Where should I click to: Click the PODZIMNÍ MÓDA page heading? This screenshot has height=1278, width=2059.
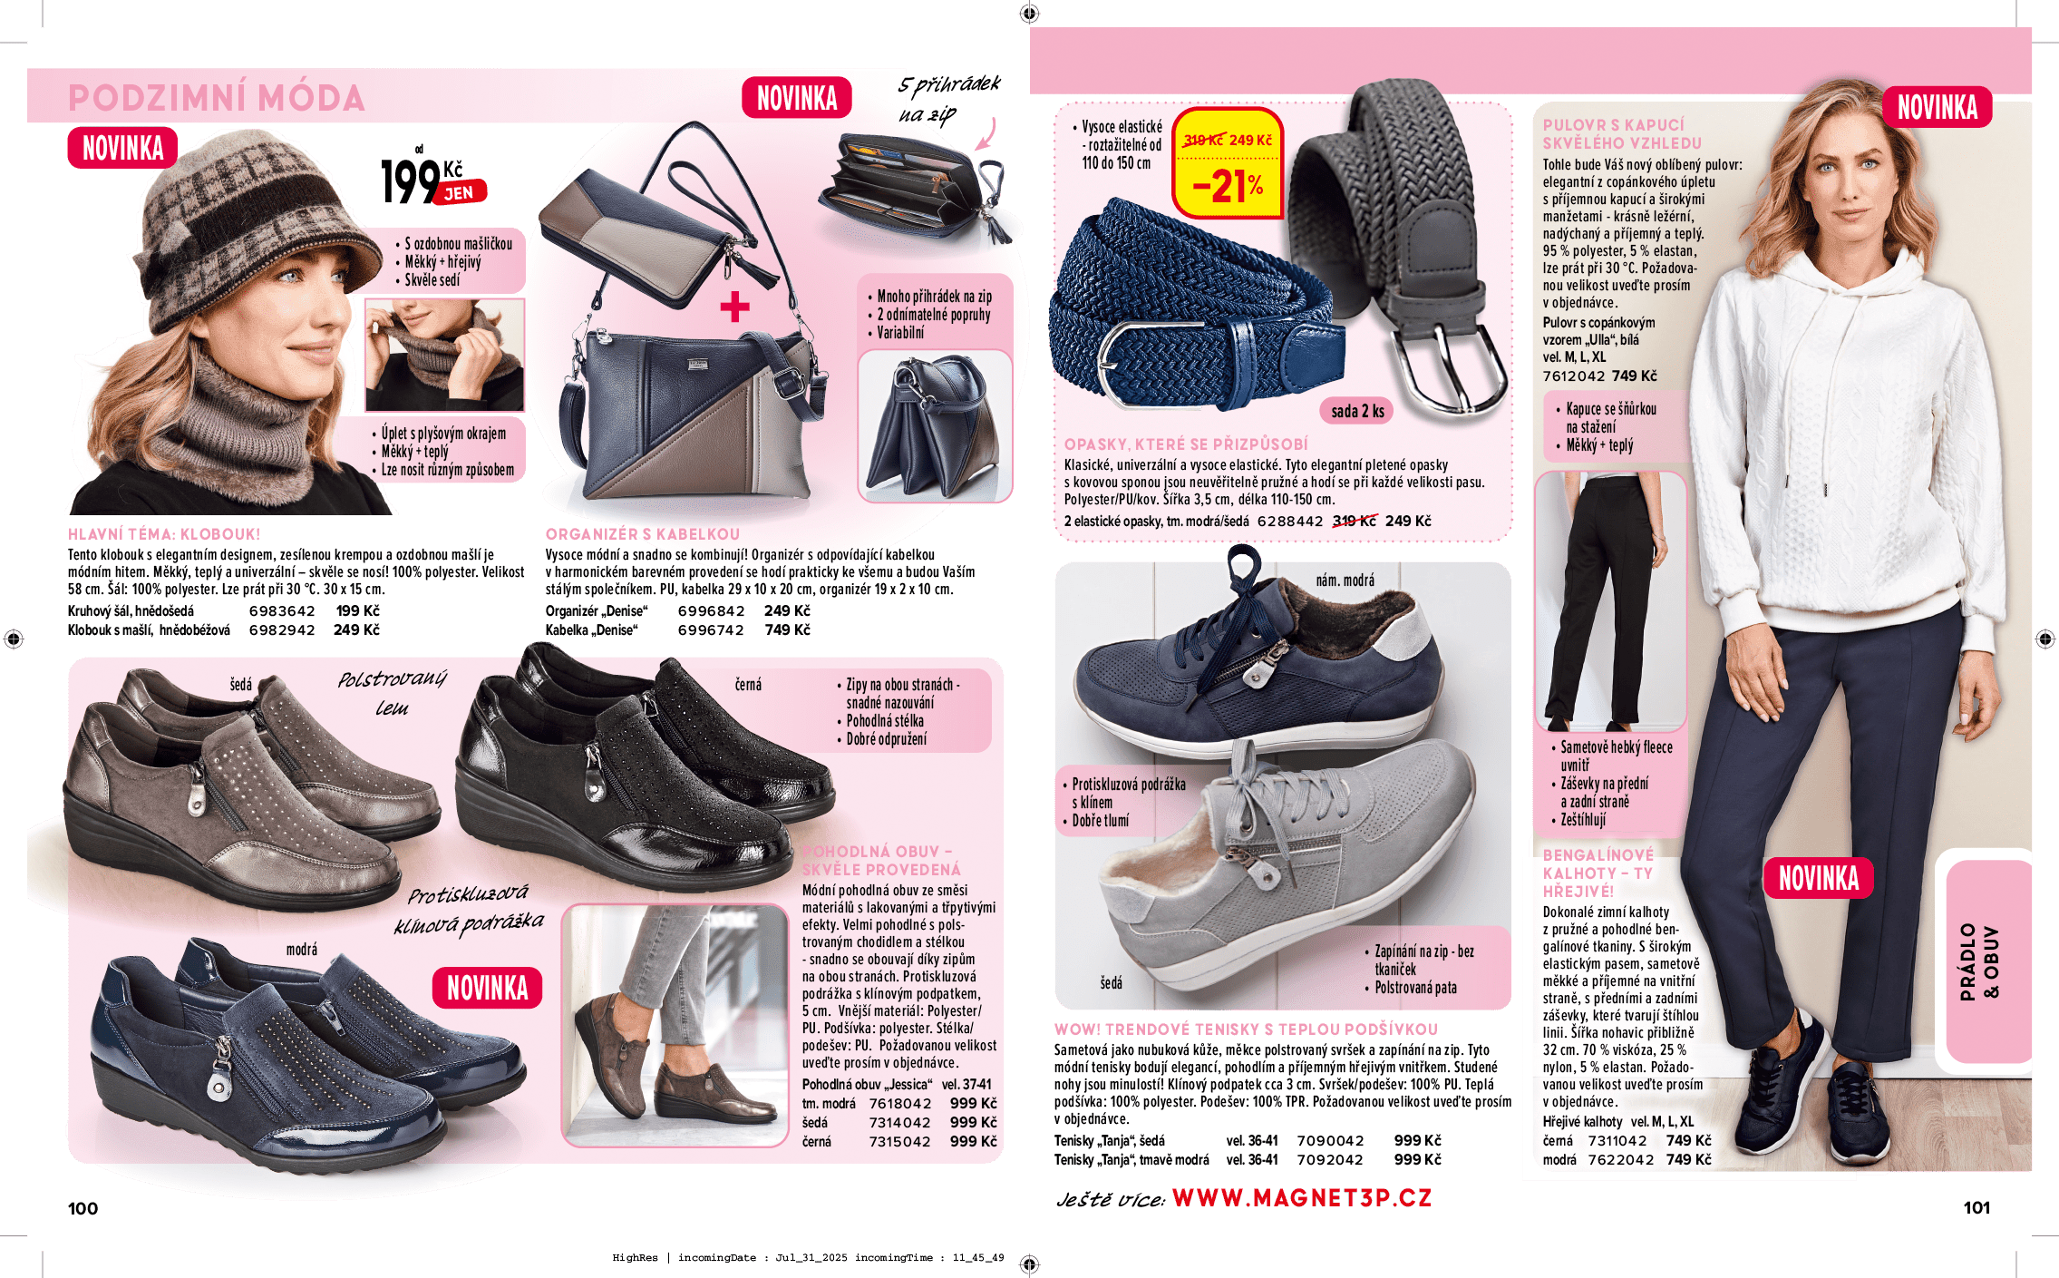click(216, 98)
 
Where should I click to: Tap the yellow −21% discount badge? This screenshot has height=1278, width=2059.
click(1228, 186)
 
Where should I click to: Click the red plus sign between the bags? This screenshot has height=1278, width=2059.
click(734, 307)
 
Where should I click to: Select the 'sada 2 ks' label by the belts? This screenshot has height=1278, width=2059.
click(1357, 411)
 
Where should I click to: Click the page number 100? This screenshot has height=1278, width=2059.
click(83, 1208)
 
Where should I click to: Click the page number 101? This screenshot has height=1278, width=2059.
click(1976, 1207)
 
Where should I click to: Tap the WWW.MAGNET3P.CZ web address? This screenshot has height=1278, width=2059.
click(1301, 1198)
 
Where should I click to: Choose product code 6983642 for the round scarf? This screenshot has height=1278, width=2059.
click(282, 611)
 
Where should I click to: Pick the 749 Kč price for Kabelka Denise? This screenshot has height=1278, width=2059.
click(787, 630)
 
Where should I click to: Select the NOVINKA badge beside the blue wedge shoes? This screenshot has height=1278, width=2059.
click(487, 988)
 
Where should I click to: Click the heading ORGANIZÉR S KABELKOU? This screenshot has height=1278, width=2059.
click(642, 534)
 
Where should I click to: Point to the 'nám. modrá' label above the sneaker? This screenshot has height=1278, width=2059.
click(1345, 580)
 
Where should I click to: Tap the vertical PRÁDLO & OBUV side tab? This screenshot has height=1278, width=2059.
click(1978, 961)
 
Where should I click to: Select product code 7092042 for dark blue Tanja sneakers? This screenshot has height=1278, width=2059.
click(1329, 1160)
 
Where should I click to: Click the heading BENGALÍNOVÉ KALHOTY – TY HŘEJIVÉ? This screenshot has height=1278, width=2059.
click(1598, 873)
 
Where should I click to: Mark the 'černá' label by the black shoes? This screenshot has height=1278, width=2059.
click(748, 685)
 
